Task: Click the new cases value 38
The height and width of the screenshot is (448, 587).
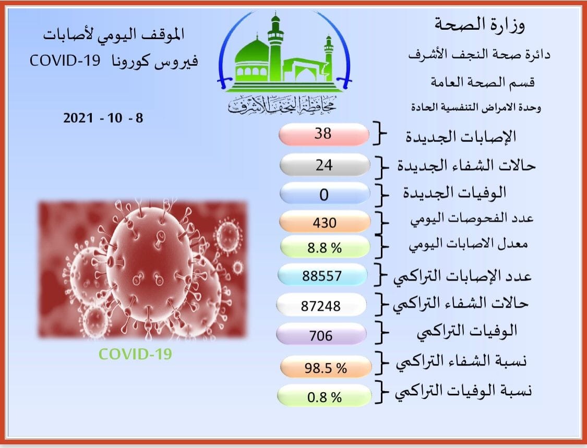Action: tap(322, 134)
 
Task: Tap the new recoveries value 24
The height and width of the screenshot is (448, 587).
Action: tap(324, 165)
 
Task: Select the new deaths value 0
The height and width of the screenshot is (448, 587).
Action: tap(324, 195)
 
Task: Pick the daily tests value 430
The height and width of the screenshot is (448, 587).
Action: tap(325, 223)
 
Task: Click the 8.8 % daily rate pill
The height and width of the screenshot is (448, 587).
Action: tap(325, 247)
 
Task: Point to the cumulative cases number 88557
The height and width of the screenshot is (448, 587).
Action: tap(322, 276)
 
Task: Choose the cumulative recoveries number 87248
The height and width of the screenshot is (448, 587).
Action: tap(321, 306)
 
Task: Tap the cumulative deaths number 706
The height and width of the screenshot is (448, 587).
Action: tap(321, 336)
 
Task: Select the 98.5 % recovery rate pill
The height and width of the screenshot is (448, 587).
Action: tap(326, 367)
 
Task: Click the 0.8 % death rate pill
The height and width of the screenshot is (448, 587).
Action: tap(324, 396)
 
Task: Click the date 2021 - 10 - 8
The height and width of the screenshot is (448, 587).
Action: tap(103, 118)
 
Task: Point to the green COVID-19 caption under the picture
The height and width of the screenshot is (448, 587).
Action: tap(135, 354)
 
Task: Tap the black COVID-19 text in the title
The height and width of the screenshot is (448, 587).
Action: tap(65, 60)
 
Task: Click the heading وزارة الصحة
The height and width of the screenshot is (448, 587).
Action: tap(480, 25)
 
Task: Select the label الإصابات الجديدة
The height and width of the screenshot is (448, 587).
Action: tap(461, 136)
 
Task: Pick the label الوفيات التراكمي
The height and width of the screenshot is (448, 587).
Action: tap(467, 331)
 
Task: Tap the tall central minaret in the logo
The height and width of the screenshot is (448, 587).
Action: tap(275, 47)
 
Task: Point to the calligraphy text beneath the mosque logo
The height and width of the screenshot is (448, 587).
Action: tap(282, 105)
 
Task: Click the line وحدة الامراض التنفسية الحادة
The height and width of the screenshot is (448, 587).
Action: tap(476, 107)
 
